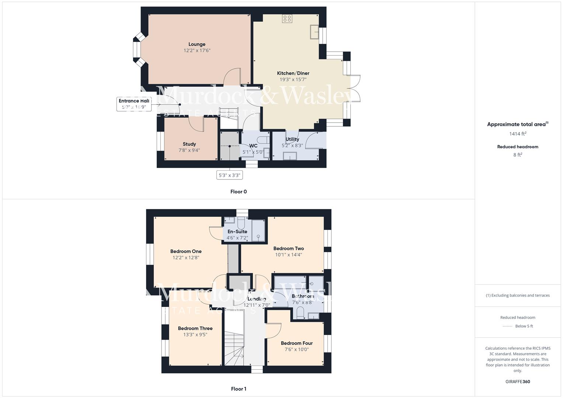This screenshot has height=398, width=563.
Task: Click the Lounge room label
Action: pos(197,44)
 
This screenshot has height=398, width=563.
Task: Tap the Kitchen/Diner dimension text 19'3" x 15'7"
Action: pos(293,79)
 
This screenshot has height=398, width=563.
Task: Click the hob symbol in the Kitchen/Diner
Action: pos(287,18)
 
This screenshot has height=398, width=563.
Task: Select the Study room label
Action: pos(189,144)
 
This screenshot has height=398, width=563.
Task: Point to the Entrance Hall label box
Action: pos(134,104)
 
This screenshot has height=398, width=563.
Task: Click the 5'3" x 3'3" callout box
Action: pos(229,175)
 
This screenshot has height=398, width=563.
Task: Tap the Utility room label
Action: pos(292,139)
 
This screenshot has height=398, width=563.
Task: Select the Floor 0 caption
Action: pos(239,192)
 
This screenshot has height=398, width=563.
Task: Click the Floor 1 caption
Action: pos(239,389)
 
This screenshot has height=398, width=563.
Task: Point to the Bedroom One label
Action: pos(186,251)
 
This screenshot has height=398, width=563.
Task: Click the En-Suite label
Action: pos(237,232)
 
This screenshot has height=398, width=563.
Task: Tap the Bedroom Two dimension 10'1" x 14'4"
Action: pos(289,255)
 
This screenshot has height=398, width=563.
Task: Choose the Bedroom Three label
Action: pos(195,328)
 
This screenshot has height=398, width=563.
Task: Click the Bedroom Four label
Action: pos(296,343)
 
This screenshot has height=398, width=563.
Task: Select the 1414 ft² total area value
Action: pos(518,134)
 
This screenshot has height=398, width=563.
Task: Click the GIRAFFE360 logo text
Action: pos(518,381)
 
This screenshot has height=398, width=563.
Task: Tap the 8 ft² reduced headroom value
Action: pos(518,155)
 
